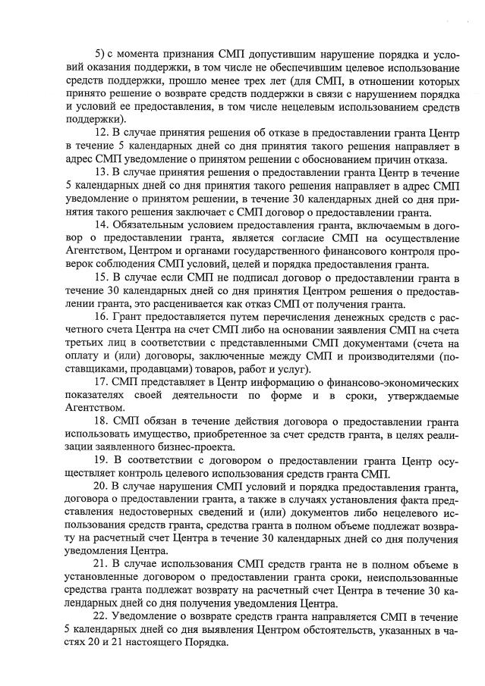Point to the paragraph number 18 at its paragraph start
point(100,421)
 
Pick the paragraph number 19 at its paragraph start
point(100,458)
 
